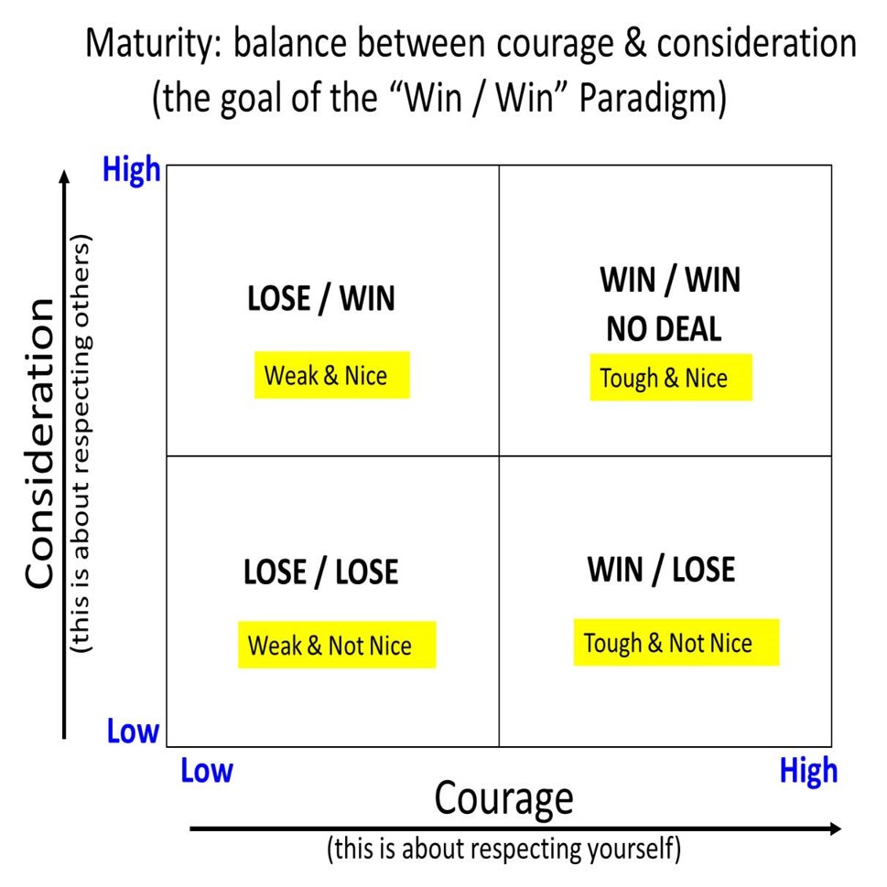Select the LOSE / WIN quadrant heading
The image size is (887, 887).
(x=320, y=300)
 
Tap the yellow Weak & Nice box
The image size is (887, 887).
(x=331, y=375)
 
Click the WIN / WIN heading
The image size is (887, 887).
(x=670, y=280)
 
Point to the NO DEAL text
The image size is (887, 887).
(x=664, y=329)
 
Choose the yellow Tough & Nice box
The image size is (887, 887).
(x=670, y=378)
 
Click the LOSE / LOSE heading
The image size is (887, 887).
(x=320, y=572)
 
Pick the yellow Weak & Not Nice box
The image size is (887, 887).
(x=336, y=646)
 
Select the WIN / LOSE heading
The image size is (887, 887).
(x=661, y=570)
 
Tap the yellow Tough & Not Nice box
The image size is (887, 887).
(x=676, y=643)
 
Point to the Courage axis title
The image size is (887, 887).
(x=503, y=797)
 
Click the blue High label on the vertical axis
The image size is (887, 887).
(x=132, y=170)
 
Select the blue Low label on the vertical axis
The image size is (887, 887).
(x=133, y=732)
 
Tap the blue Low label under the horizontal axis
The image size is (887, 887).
(x=207, y=771)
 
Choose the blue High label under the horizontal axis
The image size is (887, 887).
(x=808, y=771)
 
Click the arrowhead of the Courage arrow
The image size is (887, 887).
(x=834, y=828)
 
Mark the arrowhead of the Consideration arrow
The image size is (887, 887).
(x=64, y=176)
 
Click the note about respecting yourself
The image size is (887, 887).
(x=503, y=850)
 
